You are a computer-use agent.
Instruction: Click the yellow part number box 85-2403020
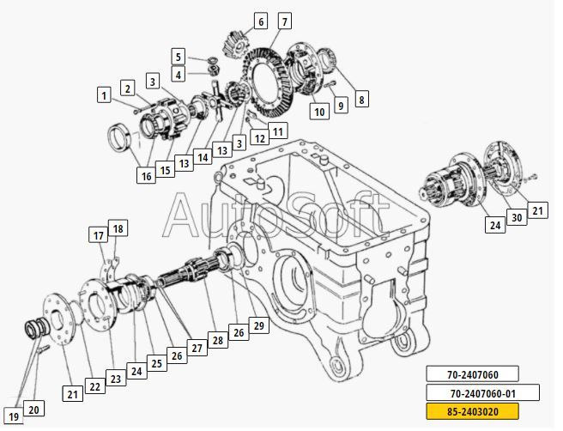coord(472,411)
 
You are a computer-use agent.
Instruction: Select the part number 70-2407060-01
coord(482,393)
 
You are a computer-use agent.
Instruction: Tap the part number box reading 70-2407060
coord(472,374)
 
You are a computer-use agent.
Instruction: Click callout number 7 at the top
coord(285,21)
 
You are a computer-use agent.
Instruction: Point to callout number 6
coord(261,21)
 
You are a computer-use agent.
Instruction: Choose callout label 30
coord(517,217)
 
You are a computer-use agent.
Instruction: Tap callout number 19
coord(14,416)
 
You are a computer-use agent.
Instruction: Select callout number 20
coord(33,409)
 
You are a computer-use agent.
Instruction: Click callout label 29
coord(259,325)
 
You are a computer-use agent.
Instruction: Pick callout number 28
coord(218,340)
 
